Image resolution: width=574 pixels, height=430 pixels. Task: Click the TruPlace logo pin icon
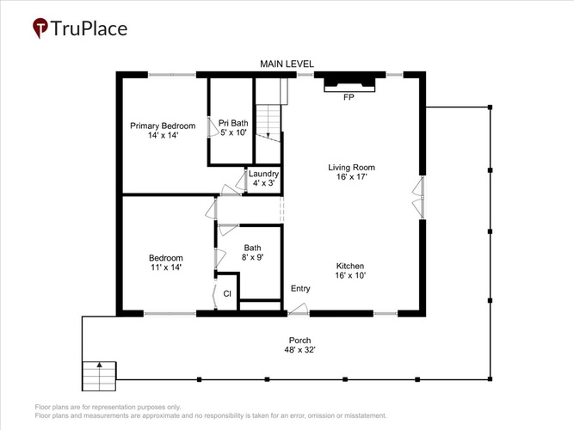point(40,28)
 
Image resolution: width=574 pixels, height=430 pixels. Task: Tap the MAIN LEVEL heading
point(287,64)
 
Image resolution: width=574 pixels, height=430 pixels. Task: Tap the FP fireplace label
point(349,97)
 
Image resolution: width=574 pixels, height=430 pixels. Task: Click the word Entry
point(300,289)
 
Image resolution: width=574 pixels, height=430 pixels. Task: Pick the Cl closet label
point(227,293)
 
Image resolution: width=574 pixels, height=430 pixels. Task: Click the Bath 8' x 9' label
point(253,253)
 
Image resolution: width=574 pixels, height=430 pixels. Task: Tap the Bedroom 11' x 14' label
point(166,262)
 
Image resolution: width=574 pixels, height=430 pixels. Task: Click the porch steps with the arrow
point(99,376)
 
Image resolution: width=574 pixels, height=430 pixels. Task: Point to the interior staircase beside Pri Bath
point(268,123)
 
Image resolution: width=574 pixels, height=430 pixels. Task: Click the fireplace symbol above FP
point(349,84)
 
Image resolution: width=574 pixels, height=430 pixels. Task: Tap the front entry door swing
point(299,310)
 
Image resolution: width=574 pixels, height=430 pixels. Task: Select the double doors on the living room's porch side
point(418,198)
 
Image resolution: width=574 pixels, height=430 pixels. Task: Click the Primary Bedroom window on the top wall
point(172,75)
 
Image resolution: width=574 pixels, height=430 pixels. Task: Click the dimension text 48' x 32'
point(299,350)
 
